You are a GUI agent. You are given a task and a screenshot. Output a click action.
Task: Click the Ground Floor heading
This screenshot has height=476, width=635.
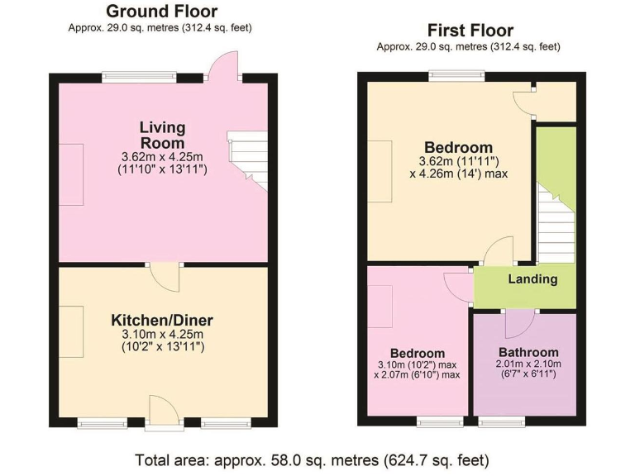tap(162, 12)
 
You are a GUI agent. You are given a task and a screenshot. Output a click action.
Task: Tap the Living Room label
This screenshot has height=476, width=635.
tap(162, 135)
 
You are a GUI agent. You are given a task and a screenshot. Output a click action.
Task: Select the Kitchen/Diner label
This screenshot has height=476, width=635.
tap(162, 320)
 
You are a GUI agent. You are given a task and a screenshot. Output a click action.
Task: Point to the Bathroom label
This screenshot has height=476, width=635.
tap(528, 353)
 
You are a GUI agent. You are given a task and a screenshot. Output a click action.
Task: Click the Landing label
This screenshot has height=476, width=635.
tap(532, 279)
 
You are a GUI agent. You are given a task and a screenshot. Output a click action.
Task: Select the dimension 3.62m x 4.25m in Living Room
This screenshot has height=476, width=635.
tap(162, 156)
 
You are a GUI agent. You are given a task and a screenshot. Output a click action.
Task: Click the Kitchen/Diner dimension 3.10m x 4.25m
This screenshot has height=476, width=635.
tap(162, 334)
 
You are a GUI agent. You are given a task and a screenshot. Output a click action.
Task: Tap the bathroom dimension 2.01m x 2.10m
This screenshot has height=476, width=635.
tap(528, 364)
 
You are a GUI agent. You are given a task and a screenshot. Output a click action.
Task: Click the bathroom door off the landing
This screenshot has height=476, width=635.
tap(518, 321)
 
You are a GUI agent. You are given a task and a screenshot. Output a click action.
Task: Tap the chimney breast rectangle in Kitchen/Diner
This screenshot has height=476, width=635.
tap(70, 331)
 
